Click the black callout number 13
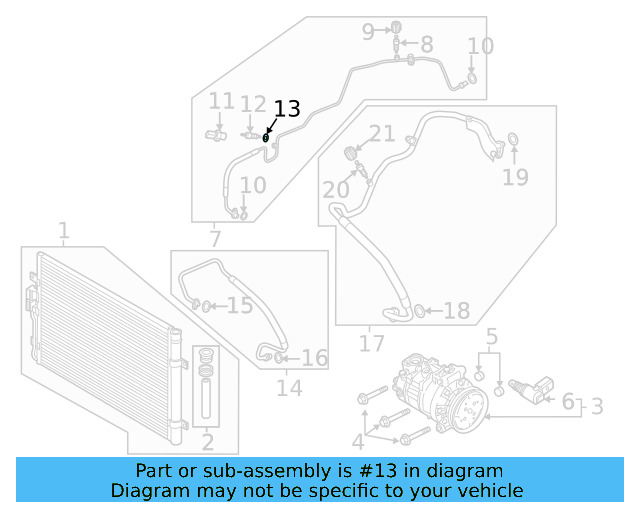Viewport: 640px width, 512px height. [x=286, y=109]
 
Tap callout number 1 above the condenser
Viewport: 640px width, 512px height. [x=63, y=233]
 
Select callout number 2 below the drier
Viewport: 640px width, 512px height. [x=208, y=442]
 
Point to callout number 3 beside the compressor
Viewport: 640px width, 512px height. [x=596, y=406]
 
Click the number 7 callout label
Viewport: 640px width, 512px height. [x=214, y=239]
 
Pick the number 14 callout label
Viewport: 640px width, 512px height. [x=289, y=388]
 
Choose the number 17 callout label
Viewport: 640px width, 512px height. [x=371, y=345]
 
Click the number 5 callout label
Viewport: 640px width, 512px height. [x=491, y=335]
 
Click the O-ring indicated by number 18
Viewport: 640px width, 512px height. [x=420, y=312]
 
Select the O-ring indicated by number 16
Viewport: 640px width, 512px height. [x=279, y=357]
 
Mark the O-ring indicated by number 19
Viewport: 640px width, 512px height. [x=513, y=138]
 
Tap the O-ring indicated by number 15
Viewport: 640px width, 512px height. [x=205, y=306]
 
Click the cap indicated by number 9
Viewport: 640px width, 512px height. [x=396, y=25]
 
